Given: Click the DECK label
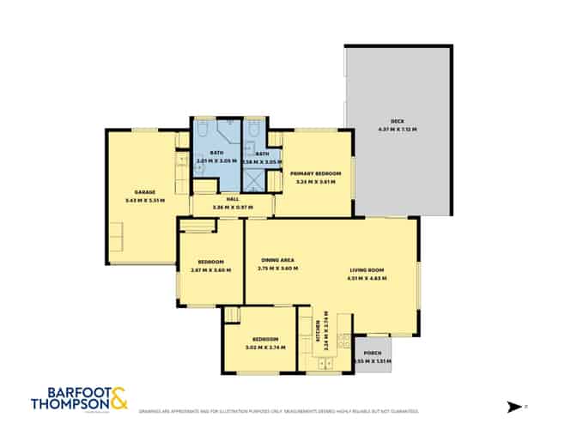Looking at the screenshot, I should coord(397,122).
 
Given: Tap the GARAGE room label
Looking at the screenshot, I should coord(144,192).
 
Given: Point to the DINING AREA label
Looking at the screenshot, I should coord(277,261).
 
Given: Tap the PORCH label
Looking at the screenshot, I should coord(373,354).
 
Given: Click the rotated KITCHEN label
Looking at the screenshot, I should coord(318,327).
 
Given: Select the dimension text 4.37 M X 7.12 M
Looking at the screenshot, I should coord(397,130).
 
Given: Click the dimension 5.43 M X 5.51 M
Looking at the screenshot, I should coord(144,201).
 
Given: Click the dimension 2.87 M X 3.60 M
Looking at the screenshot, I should coord(211,270).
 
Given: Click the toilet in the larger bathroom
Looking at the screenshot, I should coord(202,130).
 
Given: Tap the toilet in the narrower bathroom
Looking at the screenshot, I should coord(254,130).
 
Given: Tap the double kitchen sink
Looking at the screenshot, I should coord(325,364).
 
